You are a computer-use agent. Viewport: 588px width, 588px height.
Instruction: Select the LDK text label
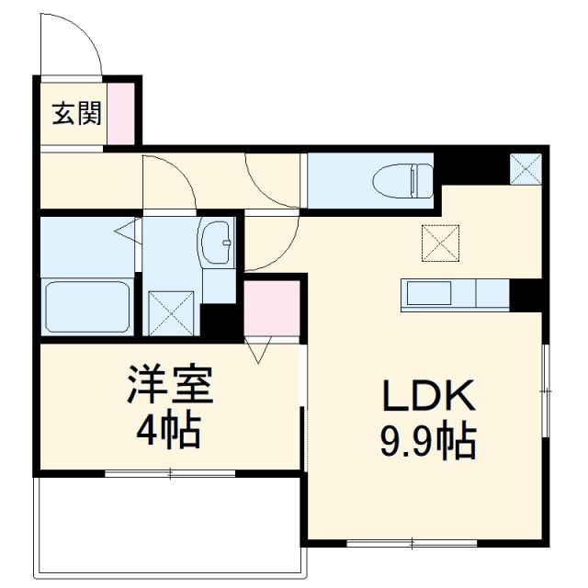(x=427, y=397)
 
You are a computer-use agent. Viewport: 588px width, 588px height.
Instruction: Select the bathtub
(x=88, y=307)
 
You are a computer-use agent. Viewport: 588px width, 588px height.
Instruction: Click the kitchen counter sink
(x=427, y=295)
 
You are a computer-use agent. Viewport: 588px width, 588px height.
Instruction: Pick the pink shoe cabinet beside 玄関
(x=120, y=113)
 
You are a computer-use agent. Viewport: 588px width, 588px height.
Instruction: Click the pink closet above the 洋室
(x=272, y=309)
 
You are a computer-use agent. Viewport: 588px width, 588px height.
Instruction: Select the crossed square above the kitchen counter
(x=440, y=242)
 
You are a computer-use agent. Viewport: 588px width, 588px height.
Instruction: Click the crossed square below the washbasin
(x=172, y=311)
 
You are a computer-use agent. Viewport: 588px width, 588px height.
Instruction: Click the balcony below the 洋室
(x=170, y=524)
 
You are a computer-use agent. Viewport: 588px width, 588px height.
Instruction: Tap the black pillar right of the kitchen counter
(x=528, y=295)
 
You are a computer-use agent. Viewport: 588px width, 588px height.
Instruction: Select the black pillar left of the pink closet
(x=221, y=320)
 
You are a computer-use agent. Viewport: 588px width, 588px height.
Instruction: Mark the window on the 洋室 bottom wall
(x=170, y=473)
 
